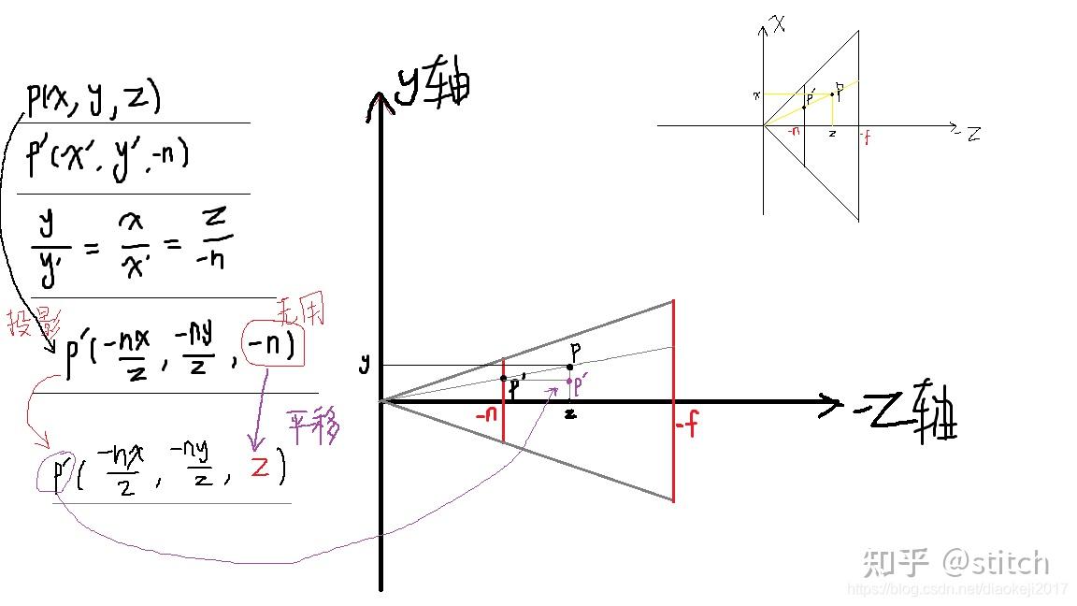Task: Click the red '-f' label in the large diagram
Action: click(x=687, y=427)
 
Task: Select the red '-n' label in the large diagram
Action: click(x=486, y=414)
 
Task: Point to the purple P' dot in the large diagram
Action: click(x=569, y=381)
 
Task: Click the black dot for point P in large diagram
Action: click(x=569, y=367)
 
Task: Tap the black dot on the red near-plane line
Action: click(x=503, y=379)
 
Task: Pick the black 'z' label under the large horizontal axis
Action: click(x=569, y=412)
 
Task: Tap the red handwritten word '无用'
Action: click(x=301, y=311)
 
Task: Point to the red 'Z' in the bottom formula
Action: click(x=260, y=466)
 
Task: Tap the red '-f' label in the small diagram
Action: click(x=865, y=137)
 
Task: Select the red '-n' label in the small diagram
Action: click(x=793, y=132)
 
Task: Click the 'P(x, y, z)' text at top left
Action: click(x=93, y=100)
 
